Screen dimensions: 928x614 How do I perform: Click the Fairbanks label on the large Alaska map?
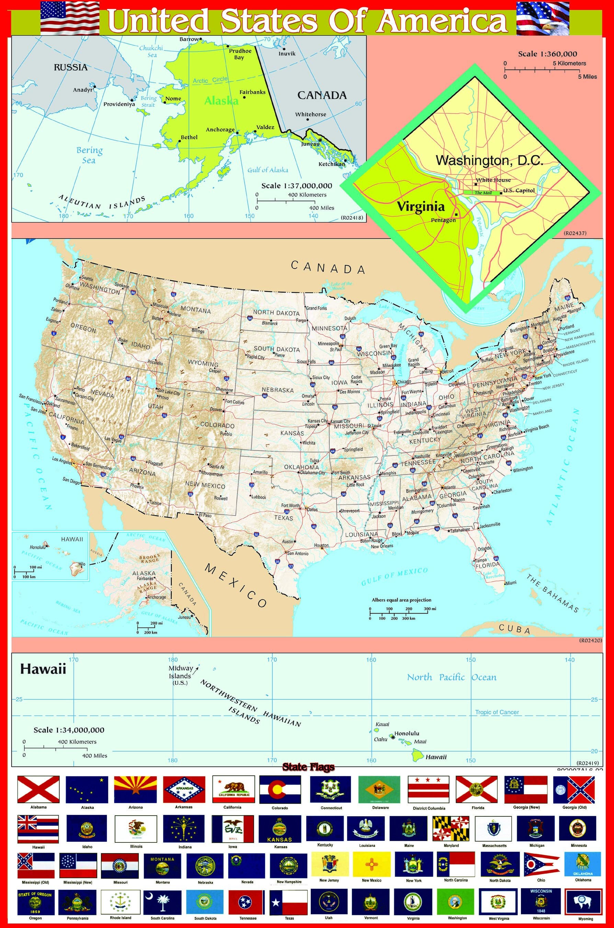click(x=252, y=92)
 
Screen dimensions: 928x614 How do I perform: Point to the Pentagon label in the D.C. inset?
click(x=443, y=220)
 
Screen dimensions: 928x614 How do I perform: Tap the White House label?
click(x=493, y=180)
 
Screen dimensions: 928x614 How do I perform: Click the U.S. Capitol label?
click(x=519, y=190)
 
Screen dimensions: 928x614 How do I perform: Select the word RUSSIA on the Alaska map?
click(x=70, y=67)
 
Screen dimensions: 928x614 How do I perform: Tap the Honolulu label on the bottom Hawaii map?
click(x=407, y=733)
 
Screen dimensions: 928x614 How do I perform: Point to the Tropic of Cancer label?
click(x=497, y=712)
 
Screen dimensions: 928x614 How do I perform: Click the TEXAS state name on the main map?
click(x=284, y=518)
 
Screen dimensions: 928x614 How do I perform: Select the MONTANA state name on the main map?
click(x=195, y=310)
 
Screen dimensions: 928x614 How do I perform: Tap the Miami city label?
click(x=511, y=583)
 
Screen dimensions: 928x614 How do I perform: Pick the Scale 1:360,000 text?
click(x=547, y=54)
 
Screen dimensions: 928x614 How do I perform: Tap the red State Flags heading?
click(x=308, y=767)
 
